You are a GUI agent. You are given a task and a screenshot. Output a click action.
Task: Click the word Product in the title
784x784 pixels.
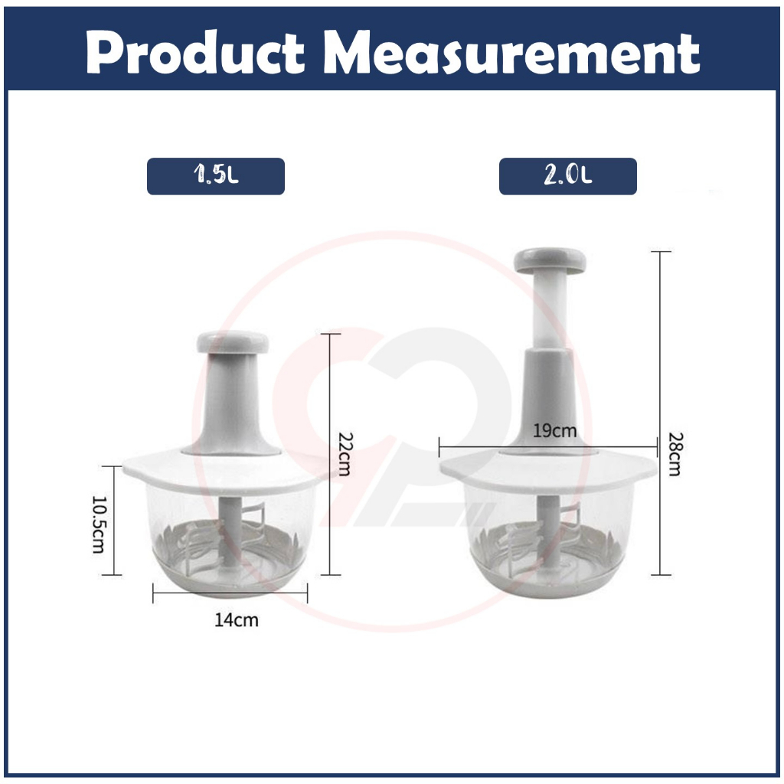[x=195, y=52]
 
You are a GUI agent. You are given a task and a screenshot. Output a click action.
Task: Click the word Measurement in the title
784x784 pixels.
[x=511, y=52]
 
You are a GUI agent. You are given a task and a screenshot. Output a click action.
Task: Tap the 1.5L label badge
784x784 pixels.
[x=215, y=176]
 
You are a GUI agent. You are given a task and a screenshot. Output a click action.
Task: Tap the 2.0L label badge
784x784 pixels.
[x=568, y=176]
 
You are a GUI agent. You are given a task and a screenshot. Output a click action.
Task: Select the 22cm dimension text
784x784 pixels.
[x=345, y=454]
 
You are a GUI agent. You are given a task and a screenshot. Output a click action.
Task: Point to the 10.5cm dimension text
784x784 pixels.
[x=99, y=524]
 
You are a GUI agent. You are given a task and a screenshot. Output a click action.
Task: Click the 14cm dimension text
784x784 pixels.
[x=237, y=620]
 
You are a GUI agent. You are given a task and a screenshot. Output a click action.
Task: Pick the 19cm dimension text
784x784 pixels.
[x=554, y=430]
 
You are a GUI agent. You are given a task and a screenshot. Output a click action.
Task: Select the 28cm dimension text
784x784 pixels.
[x=675, y=454]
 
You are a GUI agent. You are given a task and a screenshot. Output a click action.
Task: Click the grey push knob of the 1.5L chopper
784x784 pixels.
[x=233, y=342]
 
